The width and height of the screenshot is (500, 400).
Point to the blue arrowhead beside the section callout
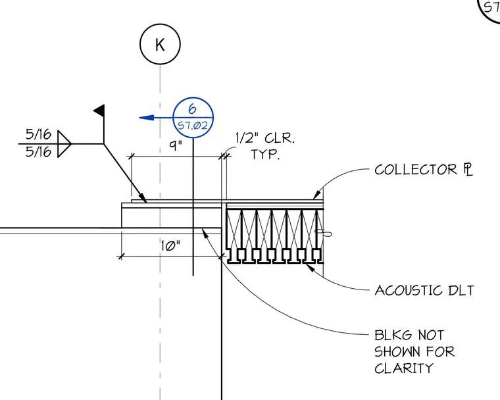click(147, 118)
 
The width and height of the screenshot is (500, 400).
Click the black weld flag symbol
click(99, 111)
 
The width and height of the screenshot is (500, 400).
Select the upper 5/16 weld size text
click(38, 134)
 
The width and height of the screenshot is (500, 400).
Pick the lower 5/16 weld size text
click(38, 151)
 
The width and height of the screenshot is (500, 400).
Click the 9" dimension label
click(176, 146)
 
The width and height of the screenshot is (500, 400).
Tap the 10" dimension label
click(170, 246)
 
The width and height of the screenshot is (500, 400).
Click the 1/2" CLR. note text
click(265, 138)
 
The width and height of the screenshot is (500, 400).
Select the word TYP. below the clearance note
click(265, 155)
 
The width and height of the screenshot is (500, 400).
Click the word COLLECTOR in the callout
click(416, 170)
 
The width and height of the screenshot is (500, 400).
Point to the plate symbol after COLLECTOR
click(468, 169)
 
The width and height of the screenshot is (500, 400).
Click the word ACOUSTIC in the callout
click(409, 291)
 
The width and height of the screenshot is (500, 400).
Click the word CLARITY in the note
click(404, 368)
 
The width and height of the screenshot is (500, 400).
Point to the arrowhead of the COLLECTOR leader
click(316, 195)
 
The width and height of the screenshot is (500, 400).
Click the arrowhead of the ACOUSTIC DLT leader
click(311, 267)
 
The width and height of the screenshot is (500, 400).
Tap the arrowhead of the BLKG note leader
click(205, 233)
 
